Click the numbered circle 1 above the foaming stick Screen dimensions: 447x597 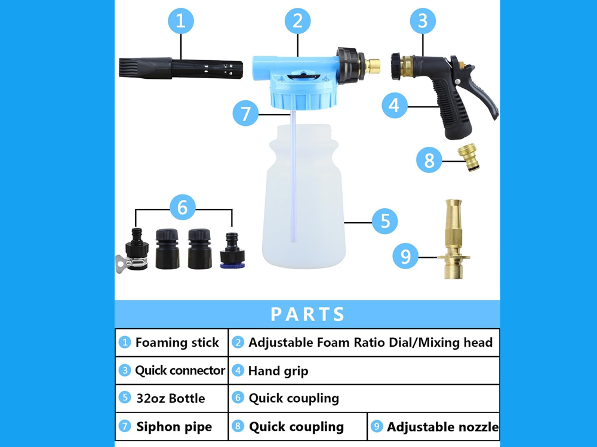pyautogui.click(x=181, y=22)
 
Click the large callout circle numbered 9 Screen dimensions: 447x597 pyautogui.click(x=406, y=257)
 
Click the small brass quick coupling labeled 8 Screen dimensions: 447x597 pyautogui.click(x=470, y=159)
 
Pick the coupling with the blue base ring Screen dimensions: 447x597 pyautogui.click(x=231, y=251)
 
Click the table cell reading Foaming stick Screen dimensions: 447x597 pyautogui.click(x=171, y=343)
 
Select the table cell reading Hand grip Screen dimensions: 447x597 pyautogui.click(x=278, y=371)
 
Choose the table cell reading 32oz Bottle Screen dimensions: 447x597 pyautogui.click(x=171, y=398)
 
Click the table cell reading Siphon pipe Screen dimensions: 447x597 pyautogui.click(x=174, y=427)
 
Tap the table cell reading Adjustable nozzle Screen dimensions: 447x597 pyautogui.click(x=442, y=427)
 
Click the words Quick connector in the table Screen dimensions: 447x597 pyautogui.click(x=180, y=371)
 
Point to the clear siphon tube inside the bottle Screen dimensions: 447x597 pyautogui.click(x=294, y=179)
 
